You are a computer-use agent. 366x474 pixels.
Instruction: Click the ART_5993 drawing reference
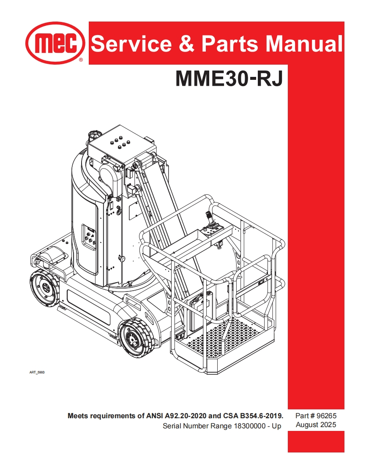(37, 372)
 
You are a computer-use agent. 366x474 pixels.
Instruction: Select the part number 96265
(326, 416)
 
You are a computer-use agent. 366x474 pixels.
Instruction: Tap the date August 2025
(316, 425)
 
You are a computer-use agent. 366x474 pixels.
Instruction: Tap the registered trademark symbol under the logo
(81, 60)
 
